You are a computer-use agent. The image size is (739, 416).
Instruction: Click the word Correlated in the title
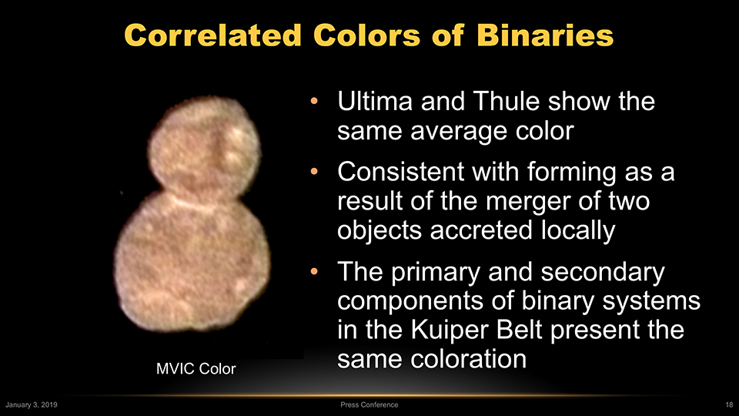212,35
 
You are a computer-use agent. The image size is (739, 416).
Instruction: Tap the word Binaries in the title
545,35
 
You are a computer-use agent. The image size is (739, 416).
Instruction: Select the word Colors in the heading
366,35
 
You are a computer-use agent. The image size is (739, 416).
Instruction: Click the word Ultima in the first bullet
375,101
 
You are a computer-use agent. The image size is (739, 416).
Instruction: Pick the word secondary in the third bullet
602,273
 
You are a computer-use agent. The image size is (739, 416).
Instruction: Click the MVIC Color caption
196,369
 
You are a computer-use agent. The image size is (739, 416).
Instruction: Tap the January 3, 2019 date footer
31,404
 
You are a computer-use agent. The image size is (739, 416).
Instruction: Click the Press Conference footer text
369,404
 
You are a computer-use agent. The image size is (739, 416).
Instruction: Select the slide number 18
729,404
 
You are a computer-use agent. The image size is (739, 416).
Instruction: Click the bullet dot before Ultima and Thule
314,101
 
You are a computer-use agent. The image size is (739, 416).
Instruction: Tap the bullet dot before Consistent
314,172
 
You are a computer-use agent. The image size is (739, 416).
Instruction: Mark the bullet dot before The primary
314,272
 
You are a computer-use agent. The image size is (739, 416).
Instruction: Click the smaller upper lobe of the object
204,146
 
